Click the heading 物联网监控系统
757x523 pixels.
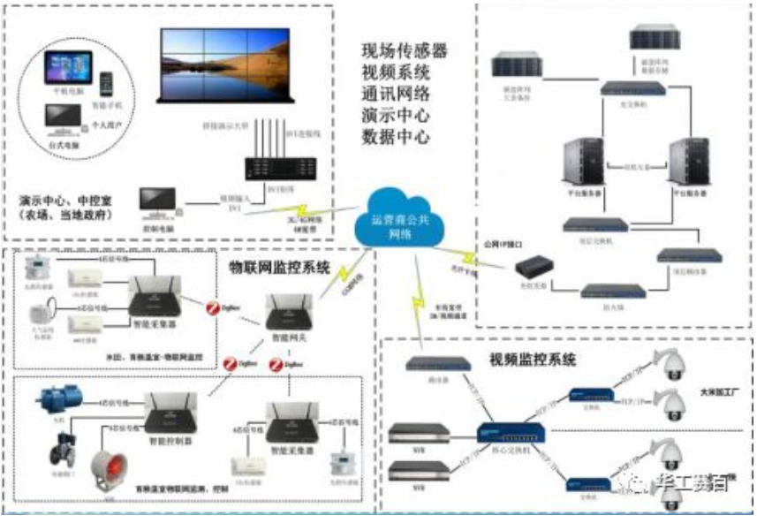coord(280,265)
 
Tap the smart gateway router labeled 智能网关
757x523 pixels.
coord(290,310)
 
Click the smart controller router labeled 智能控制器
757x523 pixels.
coord(165,412)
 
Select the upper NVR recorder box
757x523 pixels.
coord(420,433)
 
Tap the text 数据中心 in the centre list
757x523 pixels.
coord(396,137)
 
